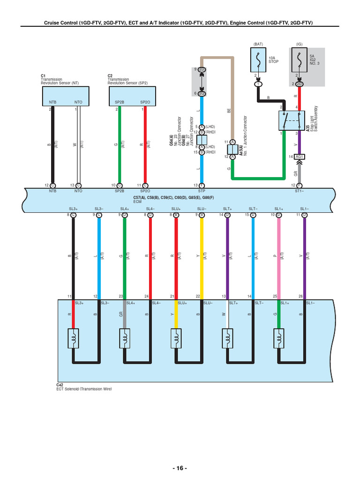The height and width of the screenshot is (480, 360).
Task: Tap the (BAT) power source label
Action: (x=258, y=44)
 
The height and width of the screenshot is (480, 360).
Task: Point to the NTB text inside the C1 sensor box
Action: (x=52, y=101)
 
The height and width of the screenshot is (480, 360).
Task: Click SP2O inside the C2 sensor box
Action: (x=145, y=101)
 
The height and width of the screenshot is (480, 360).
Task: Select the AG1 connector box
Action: (x=300, y=157)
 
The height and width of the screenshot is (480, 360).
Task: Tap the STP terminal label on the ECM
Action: (x=202, y=191)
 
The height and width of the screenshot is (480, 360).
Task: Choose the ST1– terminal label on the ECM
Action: (x=300, y=191)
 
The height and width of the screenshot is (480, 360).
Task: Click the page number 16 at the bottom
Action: (x=180, y=468)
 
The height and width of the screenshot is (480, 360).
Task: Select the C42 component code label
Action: (x=60, y=385)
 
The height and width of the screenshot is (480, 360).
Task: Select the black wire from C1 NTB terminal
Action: (x=53, y=145)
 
